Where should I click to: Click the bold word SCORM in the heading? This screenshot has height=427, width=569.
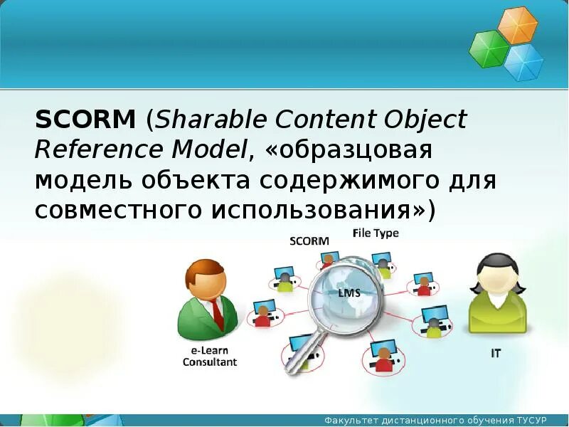(85, 119)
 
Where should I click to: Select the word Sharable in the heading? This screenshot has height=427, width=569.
(211, 119)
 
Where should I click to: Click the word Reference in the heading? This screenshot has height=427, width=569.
(99, 149)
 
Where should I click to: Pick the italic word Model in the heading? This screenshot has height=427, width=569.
(209, 149)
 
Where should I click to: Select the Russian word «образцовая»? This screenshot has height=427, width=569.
(349, 151)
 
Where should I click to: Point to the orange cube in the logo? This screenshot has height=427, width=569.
(517, 25)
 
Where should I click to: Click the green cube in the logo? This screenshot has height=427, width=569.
(489, 49)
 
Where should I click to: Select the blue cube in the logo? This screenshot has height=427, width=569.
(523, 63)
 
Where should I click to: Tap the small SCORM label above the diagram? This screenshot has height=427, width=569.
(309, 241)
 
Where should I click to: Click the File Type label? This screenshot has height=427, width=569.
(376, 233)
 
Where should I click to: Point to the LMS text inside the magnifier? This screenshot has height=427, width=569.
(349, 292)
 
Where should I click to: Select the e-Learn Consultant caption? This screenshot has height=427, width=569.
(210, 357)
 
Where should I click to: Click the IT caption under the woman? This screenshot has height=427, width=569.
(496, 353)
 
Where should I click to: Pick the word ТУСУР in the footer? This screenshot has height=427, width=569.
(531, 420)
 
